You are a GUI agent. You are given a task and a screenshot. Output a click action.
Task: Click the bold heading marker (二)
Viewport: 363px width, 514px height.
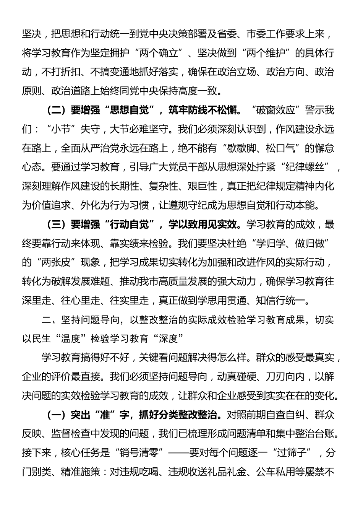pos(57,110)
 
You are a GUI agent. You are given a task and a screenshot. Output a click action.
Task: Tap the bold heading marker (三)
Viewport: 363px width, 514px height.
pos(57,224)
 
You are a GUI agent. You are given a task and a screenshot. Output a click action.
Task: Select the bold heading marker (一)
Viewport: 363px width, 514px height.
pos(57,415)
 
